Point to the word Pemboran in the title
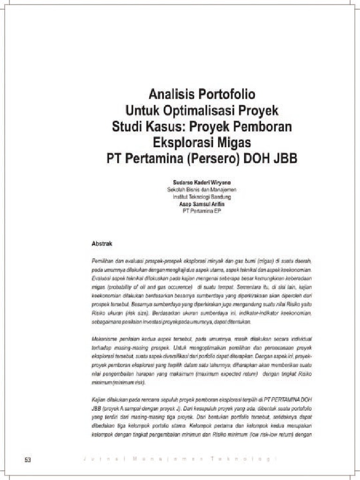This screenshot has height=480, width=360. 268,126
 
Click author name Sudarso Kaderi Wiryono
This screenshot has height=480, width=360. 202,182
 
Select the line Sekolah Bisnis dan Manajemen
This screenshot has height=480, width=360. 202,190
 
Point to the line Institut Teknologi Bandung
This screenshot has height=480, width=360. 202,197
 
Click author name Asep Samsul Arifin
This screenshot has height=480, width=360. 202,204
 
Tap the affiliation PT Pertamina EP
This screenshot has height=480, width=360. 202,211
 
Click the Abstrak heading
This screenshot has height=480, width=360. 101,244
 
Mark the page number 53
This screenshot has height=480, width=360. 28,459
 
